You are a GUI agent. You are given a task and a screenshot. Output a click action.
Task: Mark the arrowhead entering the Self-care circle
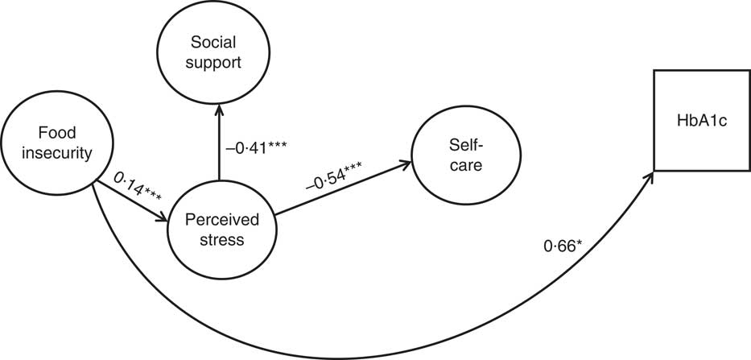click(405, 165)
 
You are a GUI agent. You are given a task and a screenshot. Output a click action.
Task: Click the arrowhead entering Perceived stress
click(163, 217)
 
